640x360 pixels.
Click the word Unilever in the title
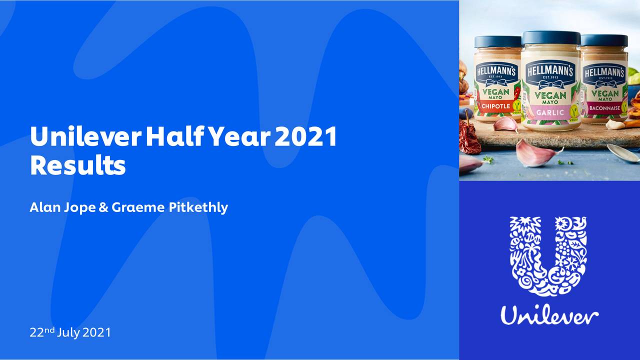coord(86,136)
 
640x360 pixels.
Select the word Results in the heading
coord(77,165)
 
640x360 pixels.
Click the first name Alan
coord(44,207)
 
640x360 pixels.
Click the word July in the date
coord(66,332)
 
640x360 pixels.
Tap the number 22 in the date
coord(36,332)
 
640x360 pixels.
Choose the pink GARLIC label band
coord(549,112)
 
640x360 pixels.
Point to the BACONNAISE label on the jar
coord(604,107)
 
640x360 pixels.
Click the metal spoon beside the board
coord(623,153)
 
